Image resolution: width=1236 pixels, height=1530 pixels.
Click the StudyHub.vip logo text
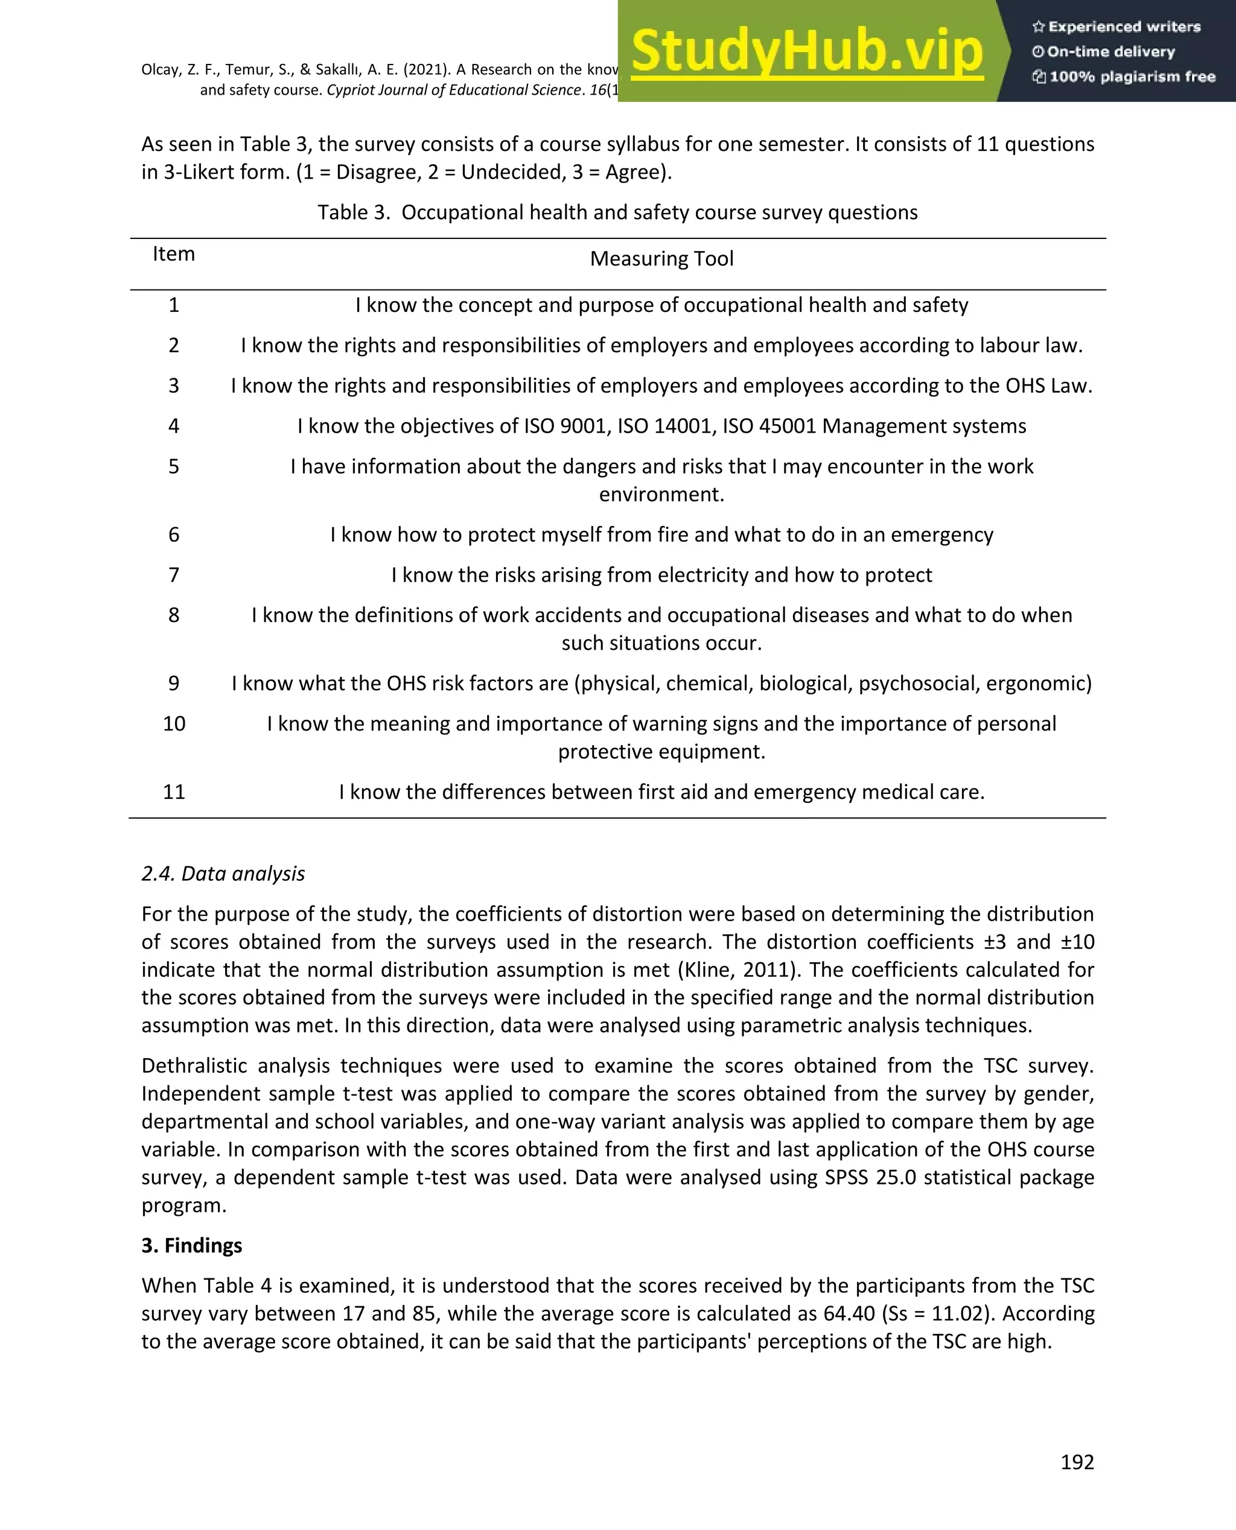coord(807,51)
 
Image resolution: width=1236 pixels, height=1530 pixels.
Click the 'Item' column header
coord(174,254)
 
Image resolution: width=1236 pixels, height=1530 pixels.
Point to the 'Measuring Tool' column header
coord(661,258)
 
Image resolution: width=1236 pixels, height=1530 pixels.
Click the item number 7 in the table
coord(174,574)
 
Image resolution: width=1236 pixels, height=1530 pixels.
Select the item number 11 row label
coord(174,792)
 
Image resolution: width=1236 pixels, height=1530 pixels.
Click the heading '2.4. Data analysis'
coord(223,873)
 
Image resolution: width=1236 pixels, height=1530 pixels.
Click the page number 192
coord(1077,1462)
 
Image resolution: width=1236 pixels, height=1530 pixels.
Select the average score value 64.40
coord(849,1313)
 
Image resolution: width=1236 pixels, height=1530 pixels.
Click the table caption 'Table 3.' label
coord(354,212)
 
